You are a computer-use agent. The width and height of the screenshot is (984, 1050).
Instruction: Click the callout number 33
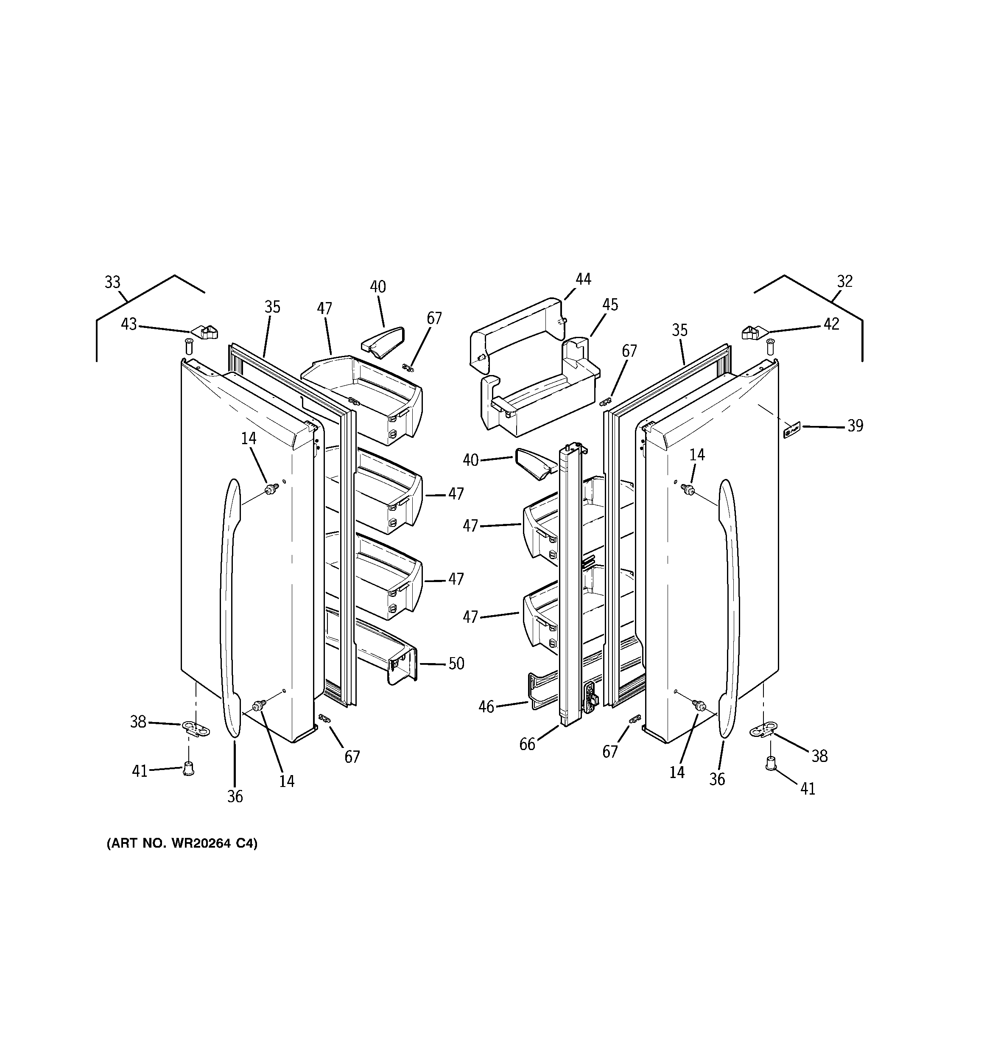tap(112, 283)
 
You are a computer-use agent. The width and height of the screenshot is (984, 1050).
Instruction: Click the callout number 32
tap(844, 282)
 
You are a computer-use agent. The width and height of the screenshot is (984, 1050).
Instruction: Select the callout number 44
tap(583, 279)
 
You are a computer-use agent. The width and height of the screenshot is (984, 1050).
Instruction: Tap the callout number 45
tap(610, 305)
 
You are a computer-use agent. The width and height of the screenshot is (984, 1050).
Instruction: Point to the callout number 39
tap(855, 426)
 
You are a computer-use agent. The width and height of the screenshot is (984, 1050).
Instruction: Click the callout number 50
tap(456, 664)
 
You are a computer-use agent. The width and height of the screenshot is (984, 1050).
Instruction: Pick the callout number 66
tap(527, 744)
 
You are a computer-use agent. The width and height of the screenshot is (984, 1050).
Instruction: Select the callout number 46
tap(486, 707)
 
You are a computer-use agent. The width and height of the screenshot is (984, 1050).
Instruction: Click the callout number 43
tap(129, 324)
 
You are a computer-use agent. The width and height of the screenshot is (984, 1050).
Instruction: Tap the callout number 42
tap(831, 324)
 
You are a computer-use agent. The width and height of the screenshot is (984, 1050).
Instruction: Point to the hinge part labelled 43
tap(204, 332)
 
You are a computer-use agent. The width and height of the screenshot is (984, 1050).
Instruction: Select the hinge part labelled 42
tap(754, 333)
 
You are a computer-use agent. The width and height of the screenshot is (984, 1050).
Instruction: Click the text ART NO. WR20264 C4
tap(182, 843)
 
